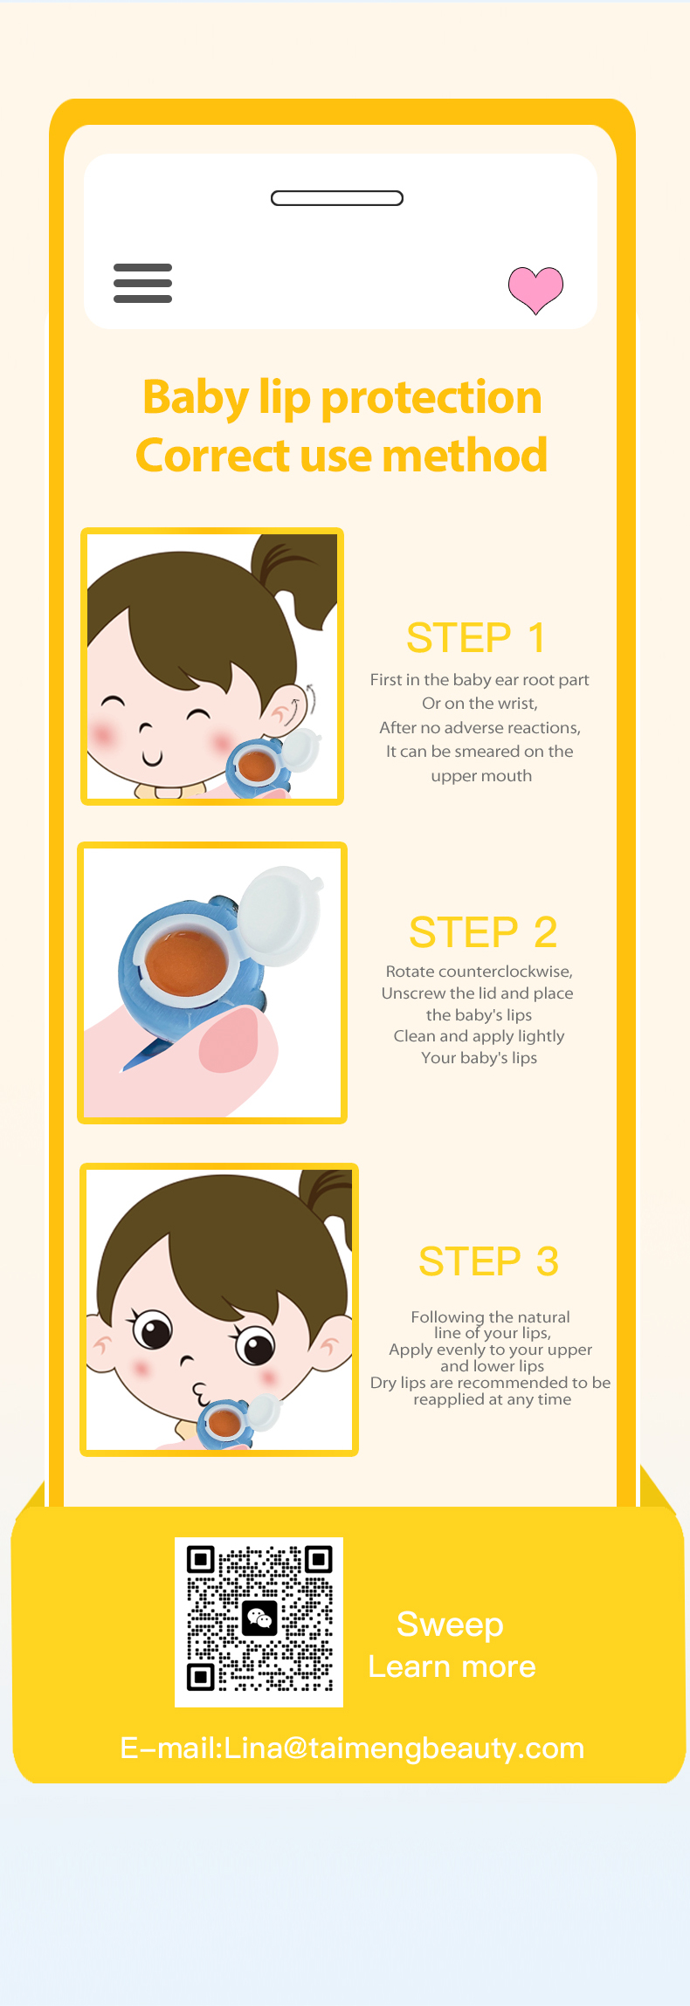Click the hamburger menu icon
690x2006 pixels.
click(x=142, y=283)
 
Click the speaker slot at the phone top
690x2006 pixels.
click(x=337, y=198)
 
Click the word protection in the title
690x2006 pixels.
click(x=431, y=398)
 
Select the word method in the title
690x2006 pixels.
click(x=465, y=455)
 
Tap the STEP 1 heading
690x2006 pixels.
click(x=476, y=637)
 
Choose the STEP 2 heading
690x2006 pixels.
click(x=483, y=932)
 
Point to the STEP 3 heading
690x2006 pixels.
click(x=488, y=1261)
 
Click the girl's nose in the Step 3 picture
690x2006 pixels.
click(x=187, y=1359)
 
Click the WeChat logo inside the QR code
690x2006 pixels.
click(x=259, y=1619)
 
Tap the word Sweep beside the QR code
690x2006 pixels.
click(x=450, y=1625)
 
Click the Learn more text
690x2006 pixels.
click(x=452, y=1666)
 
